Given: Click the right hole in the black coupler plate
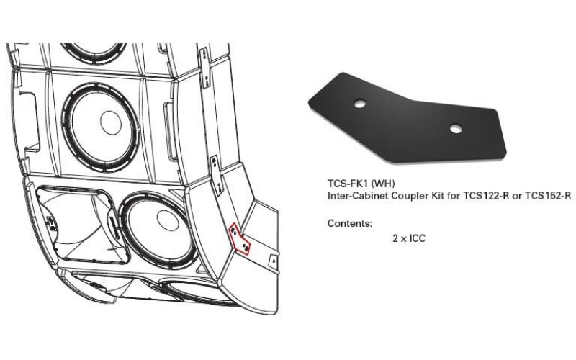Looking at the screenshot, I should coord(454,129).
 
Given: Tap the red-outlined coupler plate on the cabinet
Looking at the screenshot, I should coord(240,239).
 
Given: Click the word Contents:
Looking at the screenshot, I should coord(350,223).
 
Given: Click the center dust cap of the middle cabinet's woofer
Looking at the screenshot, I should coord(110,122).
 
